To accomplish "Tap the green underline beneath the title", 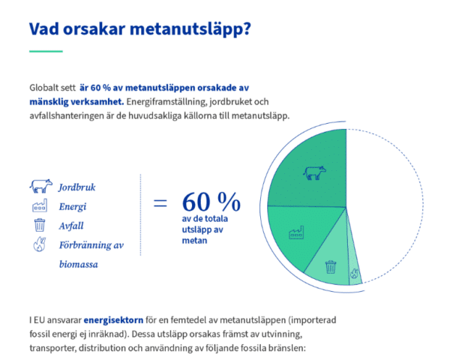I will pos(45,51).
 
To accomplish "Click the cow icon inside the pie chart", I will pos(314,173).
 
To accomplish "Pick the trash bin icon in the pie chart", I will pos(331,265).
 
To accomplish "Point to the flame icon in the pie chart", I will pos(355,274).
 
